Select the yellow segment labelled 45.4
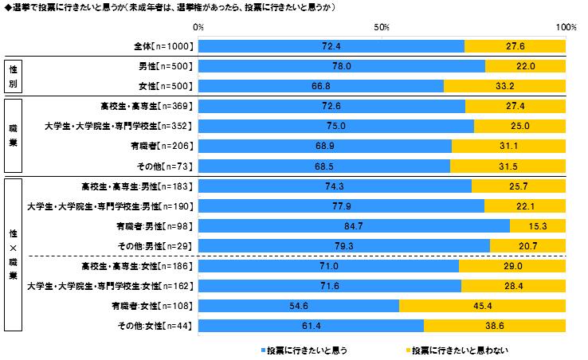[482, 305]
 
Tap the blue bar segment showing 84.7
[353, 225]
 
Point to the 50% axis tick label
[382, 27]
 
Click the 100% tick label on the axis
[566, 27]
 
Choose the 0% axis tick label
[198, 27]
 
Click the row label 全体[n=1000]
[163, 46]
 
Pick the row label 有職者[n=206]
[165, 146]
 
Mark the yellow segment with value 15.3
[538, 225]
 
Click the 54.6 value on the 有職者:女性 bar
[298, 305]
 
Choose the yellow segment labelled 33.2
[504, 86]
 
